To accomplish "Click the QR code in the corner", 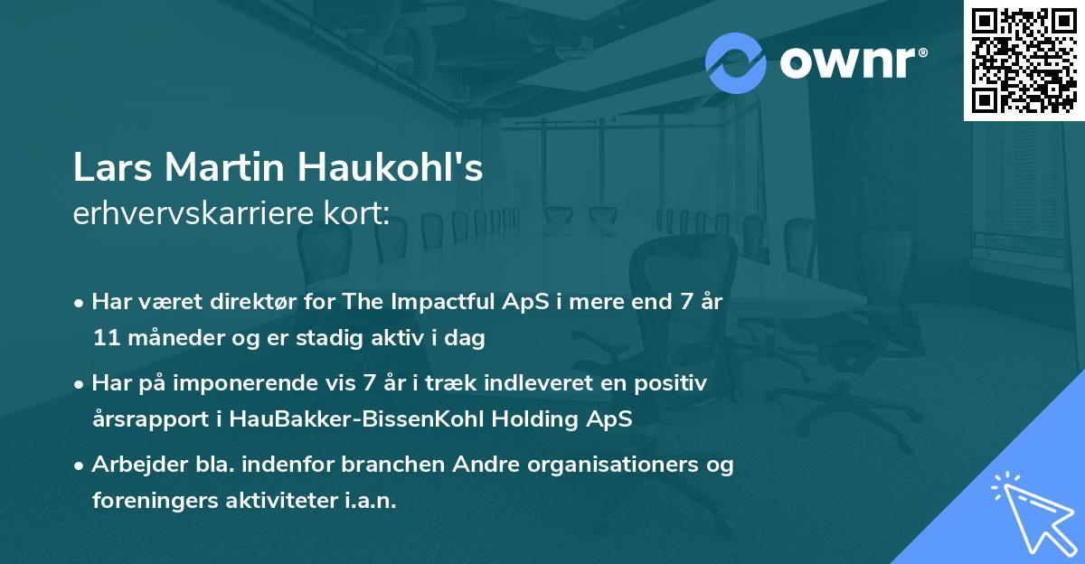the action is click(1024, 61).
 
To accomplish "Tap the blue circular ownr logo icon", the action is click(735, 63).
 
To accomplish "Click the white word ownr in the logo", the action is click(848, 63).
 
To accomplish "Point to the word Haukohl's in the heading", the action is click(390, 166).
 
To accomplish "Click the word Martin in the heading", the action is click(224, 167).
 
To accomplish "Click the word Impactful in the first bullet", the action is click(442, 302).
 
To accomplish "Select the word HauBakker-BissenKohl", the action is click(356, 418).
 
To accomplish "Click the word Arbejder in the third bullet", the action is click(139, 465).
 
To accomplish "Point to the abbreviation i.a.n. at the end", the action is click(370, 501).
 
